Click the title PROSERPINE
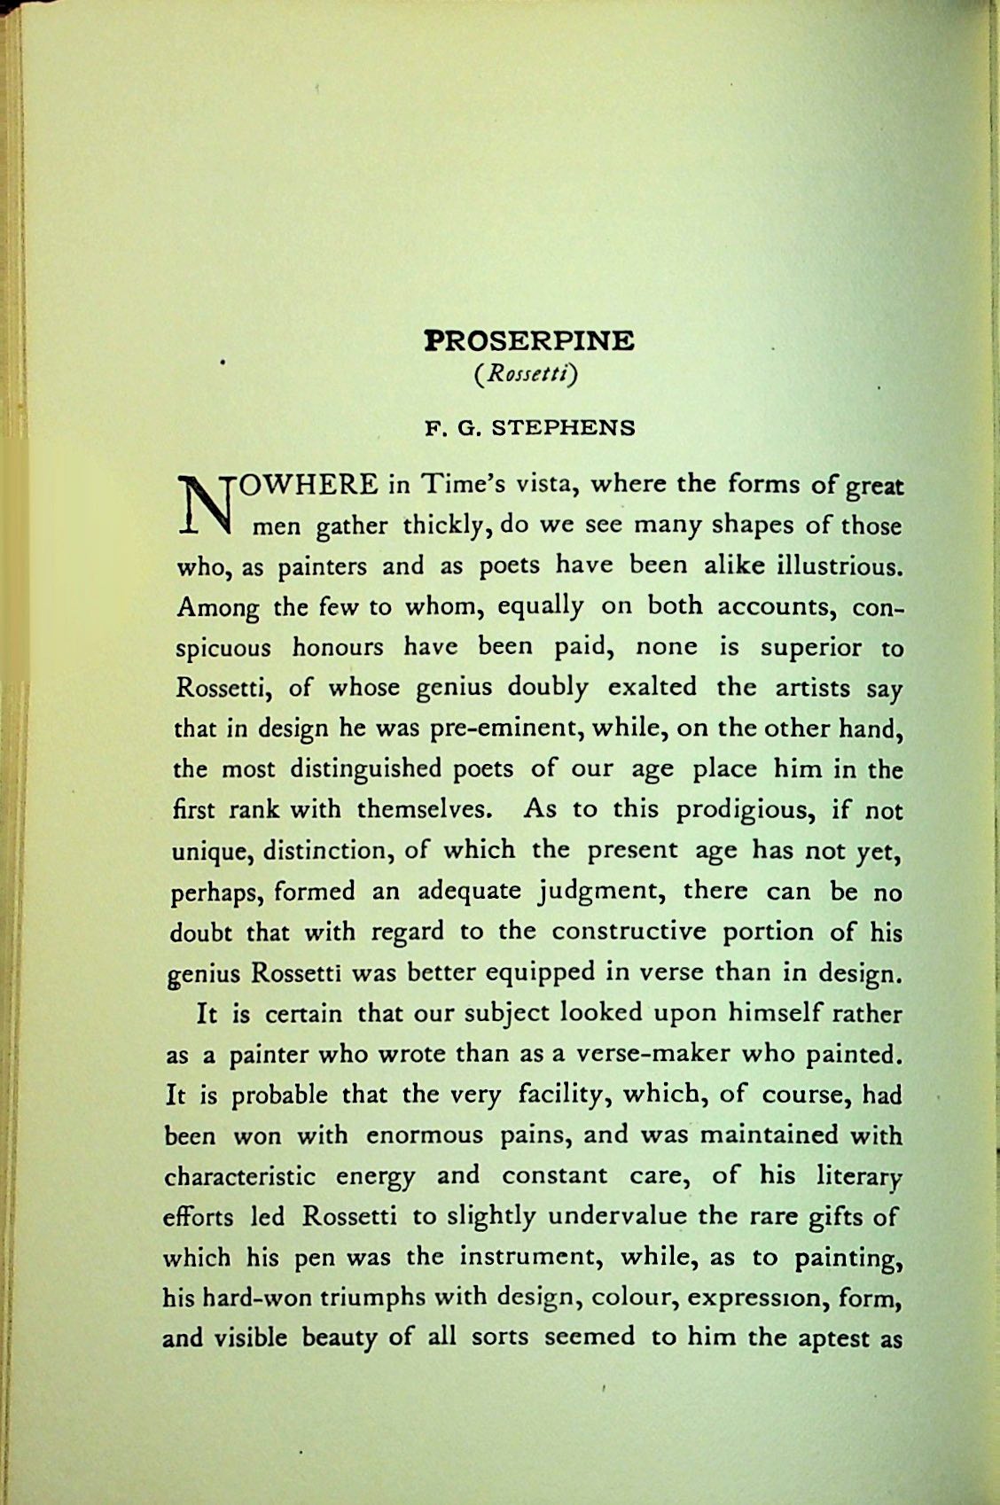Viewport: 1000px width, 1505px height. pyautogui.click(x=529, y=340)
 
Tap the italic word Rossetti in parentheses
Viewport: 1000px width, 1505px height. pyautogui.click(x=527, y=376)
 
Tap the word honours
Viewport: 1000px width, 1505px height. pyautogui.click(x=338, y=647)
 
